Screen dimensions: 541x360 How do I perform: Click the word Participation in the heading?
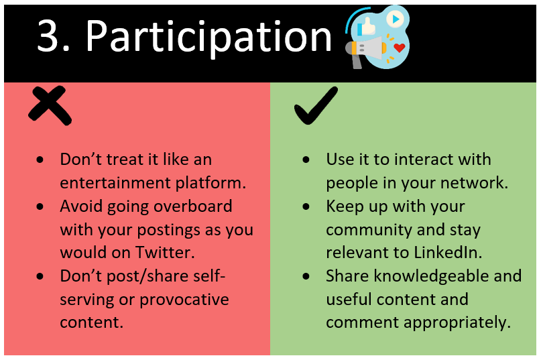point(208,38)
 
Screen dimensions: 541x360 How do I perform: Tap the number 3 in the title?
point(48,36)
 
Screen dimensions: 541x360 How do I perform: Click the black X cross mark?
point(50,105)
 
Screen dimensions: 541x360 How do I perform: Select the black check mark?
point(316,105)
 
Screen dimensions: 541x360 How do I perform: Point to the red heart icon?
point(399,48)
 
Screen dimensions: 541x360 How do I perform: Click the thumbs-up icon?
point(367,27)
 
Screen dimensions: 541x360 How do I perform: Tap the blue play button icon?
point(396,19)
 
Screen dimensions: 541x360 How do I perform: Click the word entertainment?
point(115,182)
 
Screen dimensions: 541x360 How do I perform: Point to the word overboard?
point(193,206)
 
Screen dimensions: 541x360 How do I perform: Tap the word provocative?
point(184,300)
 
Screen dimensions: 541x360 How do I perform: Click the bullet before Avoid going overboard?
point(40,206)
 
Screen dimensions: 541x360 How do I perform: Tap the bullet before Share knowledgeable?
point(306,276)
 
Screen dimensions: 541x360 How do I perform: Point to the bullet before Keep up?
point(306,206)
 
